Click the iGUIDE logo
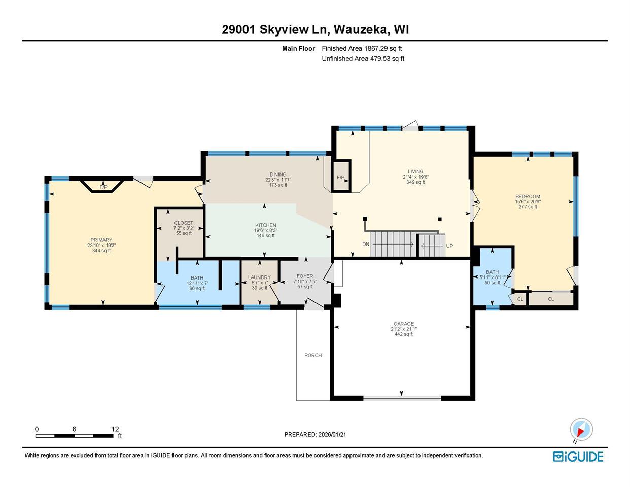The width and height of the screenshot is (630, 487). coord(578,457)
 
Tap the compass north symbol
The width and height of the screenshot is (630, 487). coord(581,430)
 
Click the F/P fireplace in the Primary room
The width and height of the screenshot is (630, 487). coord(103,187)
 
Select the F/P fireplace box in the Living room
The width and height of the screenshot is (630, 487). coord(341,177)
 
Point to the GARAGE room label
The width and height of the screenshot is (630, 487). coord(403,324)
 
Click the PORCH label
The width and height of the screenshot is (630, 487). coord(313,355)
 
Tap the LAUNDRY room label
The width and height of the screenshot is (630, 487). coord(259,277)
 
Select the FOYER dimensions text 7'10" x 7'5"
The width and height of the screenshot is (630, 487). coord(305,282)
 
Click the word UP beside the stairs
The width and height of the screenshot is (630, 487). coord(449,246)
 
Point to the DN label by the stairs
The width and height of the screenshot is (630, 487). coord(366,245)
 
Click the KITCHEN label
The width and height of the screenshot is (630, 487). coord(265,225)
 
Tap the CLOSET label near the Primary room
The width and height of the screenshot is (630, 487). coord(184,223)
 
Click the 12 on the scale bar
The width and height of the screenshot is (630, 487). coord(115,429)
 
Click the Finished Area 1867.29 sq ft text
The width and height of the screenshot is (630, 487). coord(362,48)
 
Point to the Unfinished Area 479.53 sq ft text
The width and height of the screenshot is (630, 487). coord(363,58)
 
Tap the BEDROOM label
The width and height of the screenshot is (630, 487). coord(528,196)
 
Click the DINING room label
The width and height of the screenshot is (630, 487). coord(278,175)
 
